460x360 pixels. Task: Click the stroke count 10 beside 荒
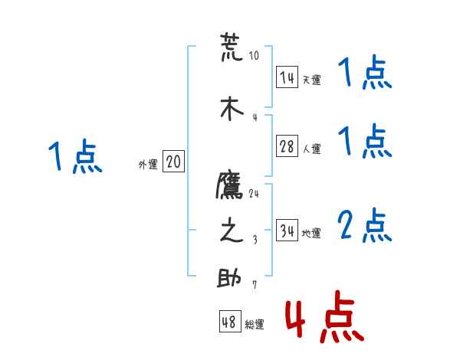[x=254, y=56]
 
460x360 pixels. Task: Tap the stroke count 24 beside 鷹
[x=254, y=193]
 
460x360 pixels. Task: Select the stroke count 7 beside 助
[x=255, y=286]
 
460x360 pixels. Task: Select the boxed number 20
[x=173, y=162]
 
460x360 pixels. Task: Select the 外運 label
[x=147, y=164]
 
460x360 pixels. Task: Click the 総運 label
[x=255, y=325]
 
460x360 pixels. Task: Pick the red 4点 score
[x=322, y=316]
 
